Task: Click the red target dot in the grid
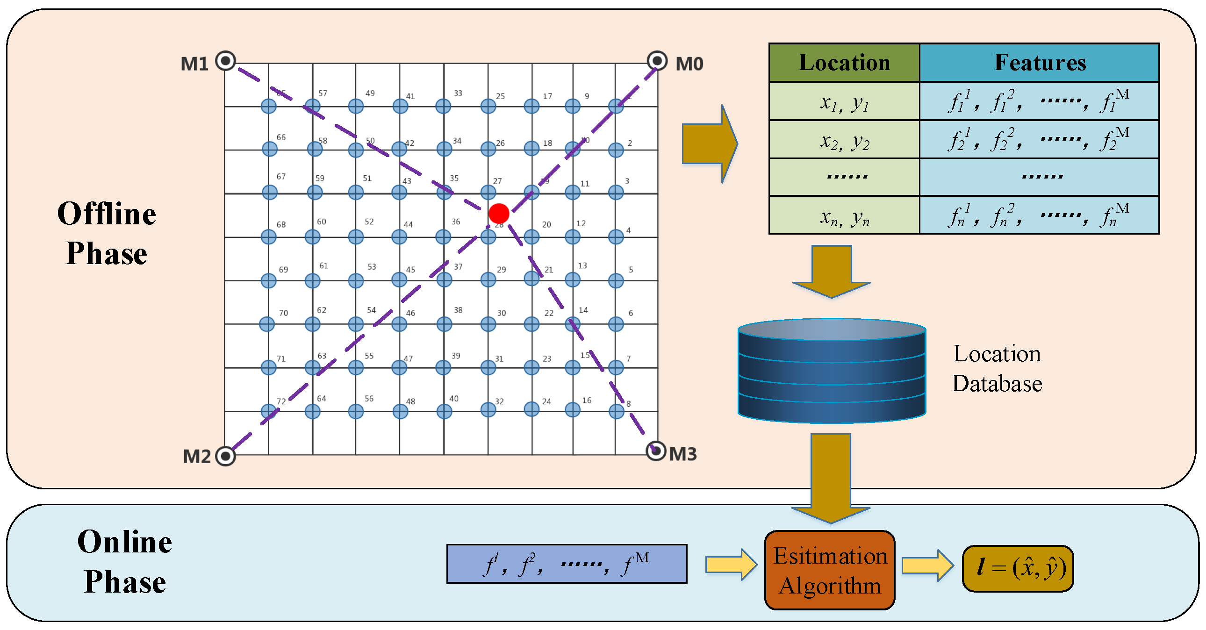coord(499,214)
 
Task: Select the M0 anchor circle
coord(657,61)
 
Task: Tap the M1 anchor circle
coord(226,61)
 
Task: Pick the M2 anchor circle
coord(226,456)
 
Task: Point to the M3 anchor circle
coord(656,451)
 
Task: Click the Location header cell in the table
coord(844,63)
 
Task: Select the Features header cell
coord(1039,63)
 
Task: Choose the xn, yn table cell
coord(844,216)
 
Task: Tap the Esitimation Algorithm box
coord(830,570)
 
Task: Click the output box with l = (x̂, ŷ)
coord(1018,568)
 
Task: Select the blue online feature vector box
coord(567,564)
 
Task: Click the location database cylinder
coord(832,371)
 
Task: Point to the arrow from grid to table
coord(710,143)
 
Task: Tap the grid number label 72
coord(281,401)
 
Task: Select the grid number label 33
coord(458,93)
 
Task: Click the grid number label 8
coord(628,403)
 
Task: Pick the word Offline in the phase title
coord(107,215)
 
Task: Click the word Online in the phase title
coord(124,542)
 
